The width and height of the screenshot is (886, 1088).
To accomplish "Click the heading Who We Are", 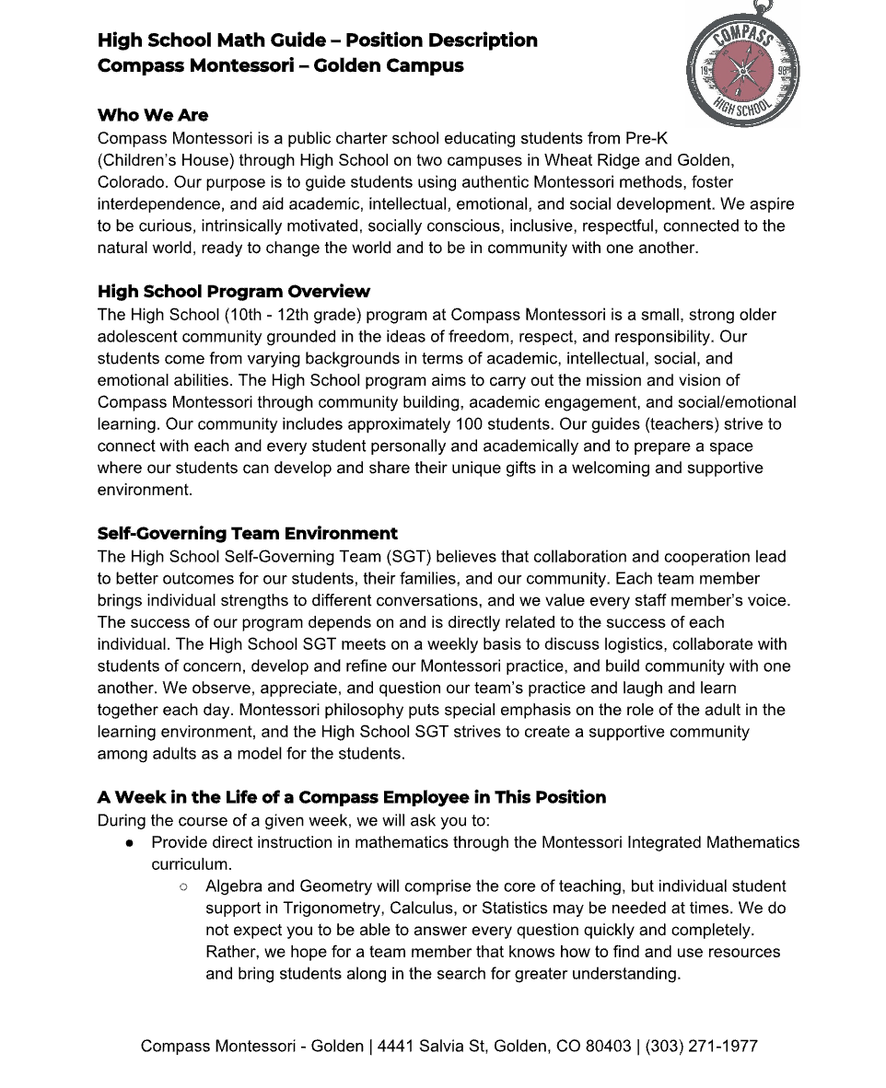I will click(x=153, y=115).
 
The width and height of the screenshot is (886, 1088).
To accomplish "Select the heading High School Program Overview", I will click(x=233, y=292).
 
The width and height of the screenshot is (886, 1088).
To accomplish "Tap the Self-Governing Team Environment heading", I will click(x=247, y=534).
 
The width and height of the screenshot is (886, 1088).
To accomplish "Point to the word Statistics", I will click(x=519, y=909).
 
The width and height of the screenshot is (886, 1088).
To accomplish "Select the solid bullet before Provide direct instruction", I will click(x=131, y=843).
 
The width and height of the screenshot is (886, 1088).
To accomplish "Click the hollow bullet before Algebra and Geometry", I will click(x=184, y=886).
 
